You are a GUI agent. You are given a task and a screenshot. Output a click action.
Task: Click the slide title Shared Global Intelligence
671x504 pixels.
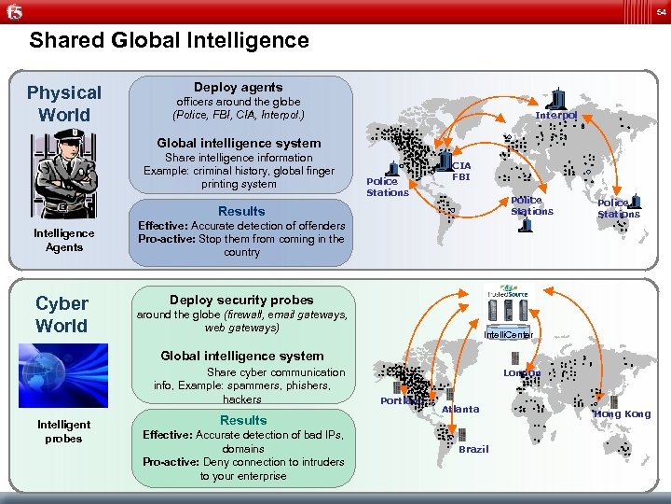coord(169,41)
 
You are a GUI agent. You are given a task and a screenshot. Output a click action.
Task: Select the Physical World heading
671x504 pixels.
coord(64,104)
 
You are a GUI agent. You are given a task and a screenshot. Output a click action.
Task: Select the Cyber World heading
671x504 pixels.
coord(62,315)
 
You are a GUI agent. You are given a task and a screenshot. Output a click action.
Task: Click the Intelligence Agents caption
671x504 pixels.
coord(64,240)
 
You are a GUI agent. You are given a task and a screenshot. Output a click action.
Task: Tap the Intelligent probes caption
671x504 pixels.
coord(64,431)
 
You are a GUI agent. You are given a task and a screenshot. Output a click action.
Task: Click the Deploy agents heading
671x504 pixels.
coord(239,87)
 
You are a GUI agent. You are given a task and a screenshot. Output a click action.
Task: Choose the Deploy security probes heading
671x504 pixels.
coord(241,300)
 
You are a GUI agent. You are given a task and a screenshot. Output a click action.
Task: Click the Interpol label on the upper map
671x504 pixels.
coord(556,115)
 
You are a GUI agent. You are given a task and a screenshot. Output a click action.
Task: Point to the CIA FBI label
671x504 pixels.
coord(461,170)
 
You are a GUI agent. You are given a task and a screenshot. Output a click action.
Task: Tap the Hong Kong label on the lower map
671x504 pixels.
coord(623,413)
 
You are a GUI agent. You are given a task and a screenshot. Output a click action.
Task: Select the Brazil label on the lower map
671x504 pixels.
coord(473,449)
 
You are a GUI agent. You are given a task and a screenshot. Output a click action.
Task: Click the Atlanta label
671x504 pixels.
coord(460,409)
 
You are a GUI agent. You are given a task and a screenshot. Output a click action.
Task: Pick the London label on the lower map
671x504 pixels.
coord(522,372)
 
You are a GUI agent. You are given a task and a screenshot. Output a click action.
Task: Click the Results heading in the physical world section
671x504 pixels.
coord(241,211)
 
